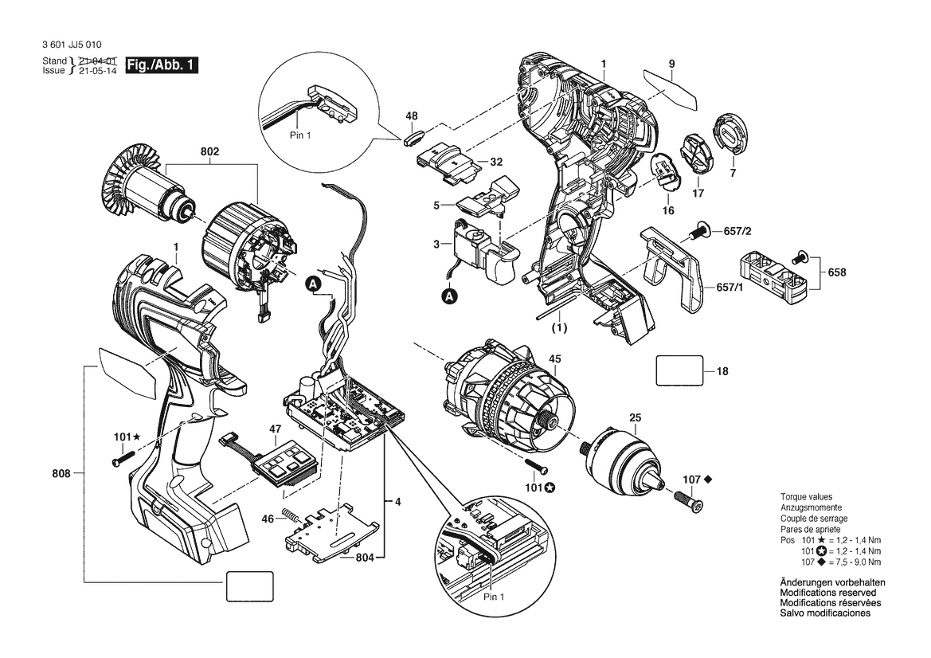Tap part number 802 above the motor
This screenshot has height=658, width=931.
point(209,151)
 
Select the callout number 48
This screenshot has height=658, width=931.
point(412,116)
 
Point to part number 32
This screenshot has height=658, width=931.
point(496,162)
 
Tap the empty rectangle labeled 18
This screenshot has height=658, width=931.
point(679,370)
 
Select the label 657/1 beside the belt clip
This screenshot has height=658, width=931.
point(730,287)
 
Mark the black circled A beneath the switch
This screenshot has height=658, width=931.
point(451,296)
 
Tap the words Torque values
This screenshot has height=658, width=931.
point(805,496)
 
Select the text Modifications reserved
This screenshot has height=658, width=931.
point(827,593)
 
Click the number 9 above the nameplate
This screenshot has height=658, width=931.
point(671,63)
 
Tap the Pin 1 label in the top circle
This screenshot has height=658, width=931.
point(299,135)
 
